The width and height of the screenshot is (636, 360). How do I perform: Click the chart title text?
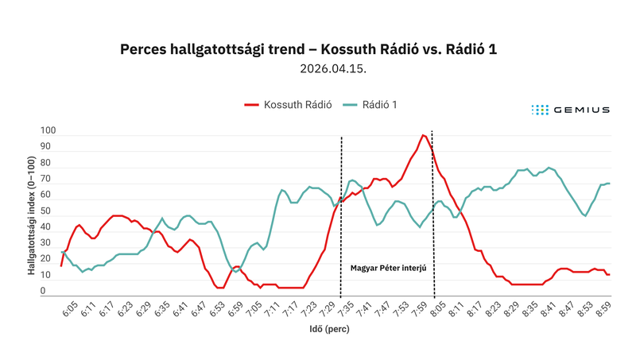(308, 50)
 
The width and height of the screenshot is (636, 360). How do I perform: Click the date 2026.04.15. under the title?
(333, 69)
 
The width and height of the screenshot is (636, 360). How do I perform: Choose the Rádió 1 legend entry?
(370, 105)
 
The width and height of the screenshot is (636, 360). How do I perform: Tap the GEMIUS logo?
(571, 110)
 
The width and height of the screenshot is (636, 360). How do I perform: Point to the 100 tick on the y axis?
(48, 130)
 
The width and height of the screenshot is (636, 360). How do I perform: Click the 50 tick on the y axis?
(50, 211)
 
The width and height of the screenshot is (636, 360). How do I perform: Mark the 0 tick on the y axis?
(52, 292)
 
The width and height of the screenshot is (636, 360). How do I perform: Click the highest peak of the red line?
(425, 135)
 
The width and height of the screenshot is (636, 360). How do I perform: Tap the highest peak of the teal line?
(549, 168)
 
